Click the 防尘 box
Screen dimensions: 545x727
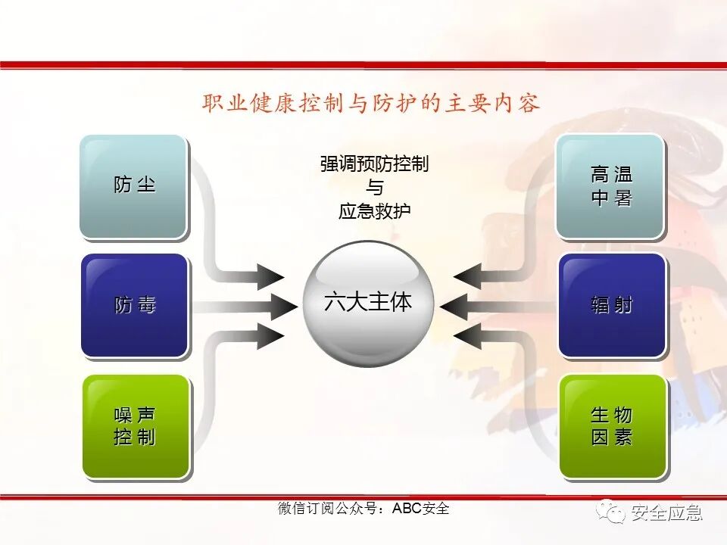click(133, 185)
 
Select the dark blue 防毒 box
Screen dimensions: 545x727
click(134, 305)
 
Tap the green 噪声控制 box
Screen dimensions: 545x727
click(135, 425)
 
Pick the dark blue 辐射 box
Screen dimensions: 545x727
click(612, 305)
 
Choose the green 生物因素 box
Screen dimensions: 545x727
click(613, 425)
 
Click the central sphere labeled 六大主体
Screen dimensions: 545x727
click(368, 304)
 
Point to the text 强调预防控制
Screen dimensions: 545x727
click(374, 164)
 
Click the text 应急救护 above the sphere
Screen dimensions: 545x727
click(374, 211)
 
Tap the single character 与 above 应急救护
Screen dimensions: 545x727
click(374, 188)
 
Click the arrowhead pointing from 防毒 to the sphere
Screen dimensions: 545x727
click(282, 306)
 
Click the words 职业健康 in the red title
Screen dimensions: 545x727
click(250, 104)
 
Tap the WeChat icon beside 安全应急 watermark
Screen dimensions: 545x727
click(610, 512)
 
